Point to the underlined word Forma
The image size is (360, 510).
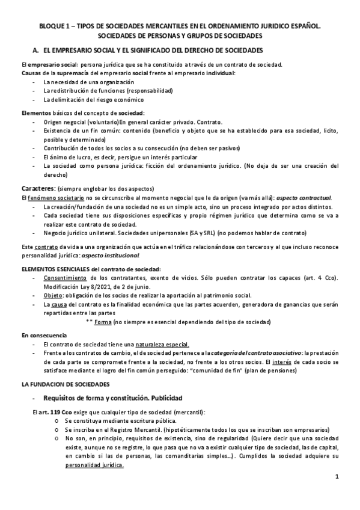103,322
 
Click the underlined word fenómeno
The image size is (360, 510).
43,198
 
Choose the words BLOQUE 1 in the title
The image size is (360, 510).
53,26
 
